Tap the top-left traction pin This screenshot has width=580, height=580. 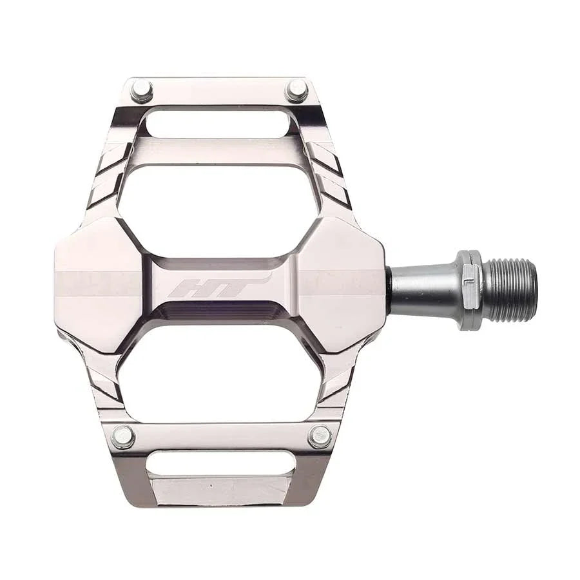point(141,91)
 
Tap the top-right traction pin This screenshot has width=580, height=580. point(296,91)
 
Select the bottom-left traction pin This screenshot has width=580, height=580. point(123,436)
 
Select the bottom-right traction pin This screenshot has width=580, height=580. point(320,436)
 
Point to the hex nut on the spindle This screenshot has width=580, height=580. point(469,290)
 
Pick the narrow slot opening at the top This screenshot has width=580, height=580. point(218,123)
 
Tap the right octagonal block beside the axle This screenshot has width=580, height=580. point(342,284)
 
